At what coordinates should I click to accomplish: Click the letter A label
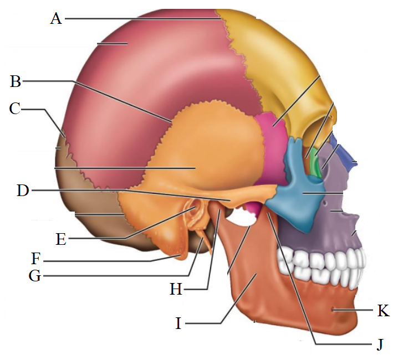(x=55, y=19)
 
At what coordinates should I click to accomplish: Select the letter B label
(x=16, y=81)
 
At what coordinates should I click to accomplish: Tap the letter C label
(x=16, y=109)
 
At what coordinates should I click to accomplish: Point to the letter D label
(x=23, y=191)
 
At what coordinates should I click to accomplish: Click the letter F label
(x=36, y=259)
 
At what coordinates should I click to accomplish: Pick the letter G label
(x=35, y=275)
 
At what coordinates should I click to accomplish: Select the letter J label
(x=380, y=344)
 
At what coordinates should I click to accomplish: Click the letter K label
(x=382, y=311)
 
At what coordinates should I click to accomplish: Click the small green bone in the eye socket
(x=314, y=162)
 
